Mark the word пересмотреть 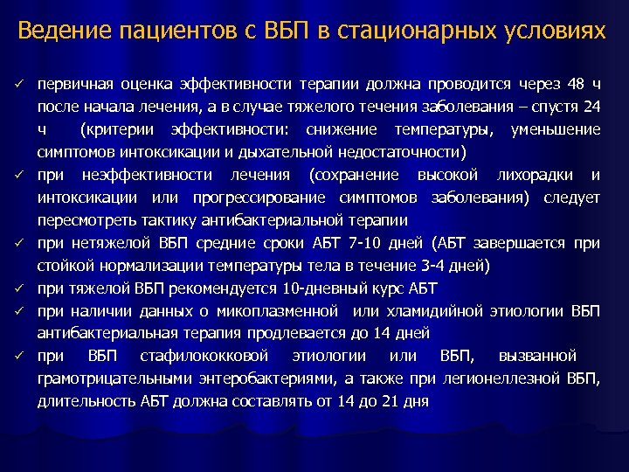point(85,220)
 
